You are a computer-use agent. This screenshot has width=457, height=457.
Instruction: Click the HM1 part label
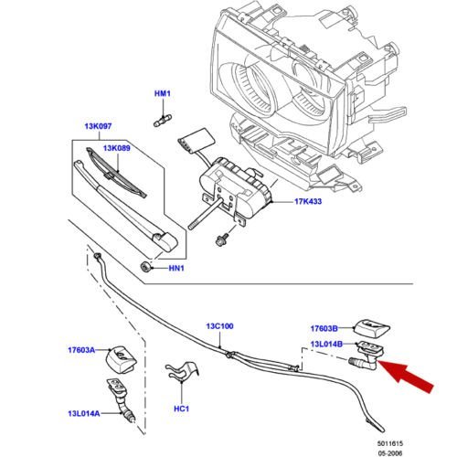point(163,93)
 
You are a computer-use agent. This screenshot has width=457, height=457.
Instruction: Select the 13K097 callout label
point(98,126)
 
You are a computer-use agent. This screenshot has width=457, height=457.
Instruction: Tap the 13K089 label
point(117,148)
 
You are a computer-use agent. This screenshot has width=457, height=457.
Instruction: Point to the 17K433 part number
point(308,201)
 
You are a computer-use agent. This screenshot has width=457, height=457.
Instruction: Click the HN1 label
point(176,269)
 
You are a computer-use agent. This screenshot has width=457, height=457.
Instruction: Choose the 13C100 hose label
point(219,326)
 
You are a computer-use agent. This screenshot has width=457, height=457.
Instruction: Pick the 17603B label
point(324,329)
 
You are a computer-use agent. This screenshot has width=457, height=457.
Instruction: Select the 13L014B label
point(326,345)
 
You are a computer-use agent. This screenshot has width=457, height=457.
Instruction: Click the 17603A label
point(81,350)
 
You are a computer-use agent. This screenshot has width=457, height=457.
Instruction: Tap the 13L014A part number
point(84,414)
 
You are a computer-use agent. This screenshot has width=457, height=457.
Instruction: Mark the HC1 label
point(182,409)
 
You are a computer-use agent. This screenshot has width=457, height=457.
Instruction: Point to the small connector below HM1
point(163,120)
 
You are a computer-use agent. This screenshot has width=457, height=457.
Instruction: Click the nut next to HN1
point(145,267)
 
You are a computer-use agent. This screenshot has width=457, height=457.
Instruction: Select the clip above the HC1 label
point(182,371)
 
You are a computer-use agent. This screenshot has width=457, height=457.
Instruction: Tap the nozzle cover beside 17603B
point(372,328)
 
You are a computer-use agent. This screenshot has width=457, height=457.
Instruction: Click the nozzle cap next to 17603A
point(122,359)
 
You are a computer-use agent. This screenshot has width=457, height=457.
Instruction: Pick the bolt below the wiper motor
point(222,239)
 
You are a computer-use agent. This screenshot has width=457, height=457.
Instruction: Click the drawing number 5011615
point(390,444)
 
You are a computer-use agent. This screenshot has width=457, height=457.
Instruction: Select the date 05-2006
point(390,453)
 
